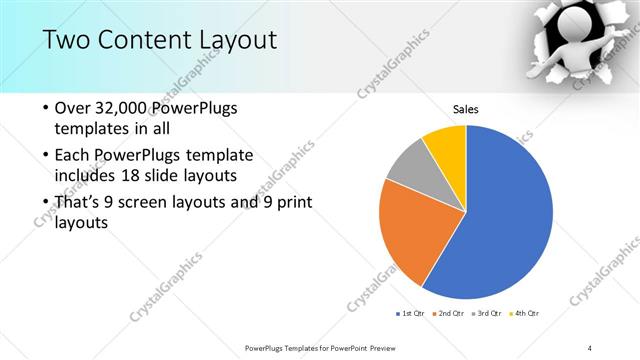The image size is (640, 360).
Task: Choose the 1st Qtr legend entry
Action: pyautogui.click(x=411, y=314)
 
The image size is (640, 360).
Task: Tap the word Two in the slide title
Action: pyautogui.click(x=69, y=40)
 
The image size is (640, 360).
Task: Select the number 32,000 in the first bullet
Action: pyautogui.click(x=128, y=108)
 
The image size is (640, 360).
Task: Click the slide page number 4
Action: pyautogui.click(x=590, y=348)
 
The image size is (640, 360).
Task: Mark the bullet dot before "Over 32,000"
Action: pyautogui.click(x=45, y=108)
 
